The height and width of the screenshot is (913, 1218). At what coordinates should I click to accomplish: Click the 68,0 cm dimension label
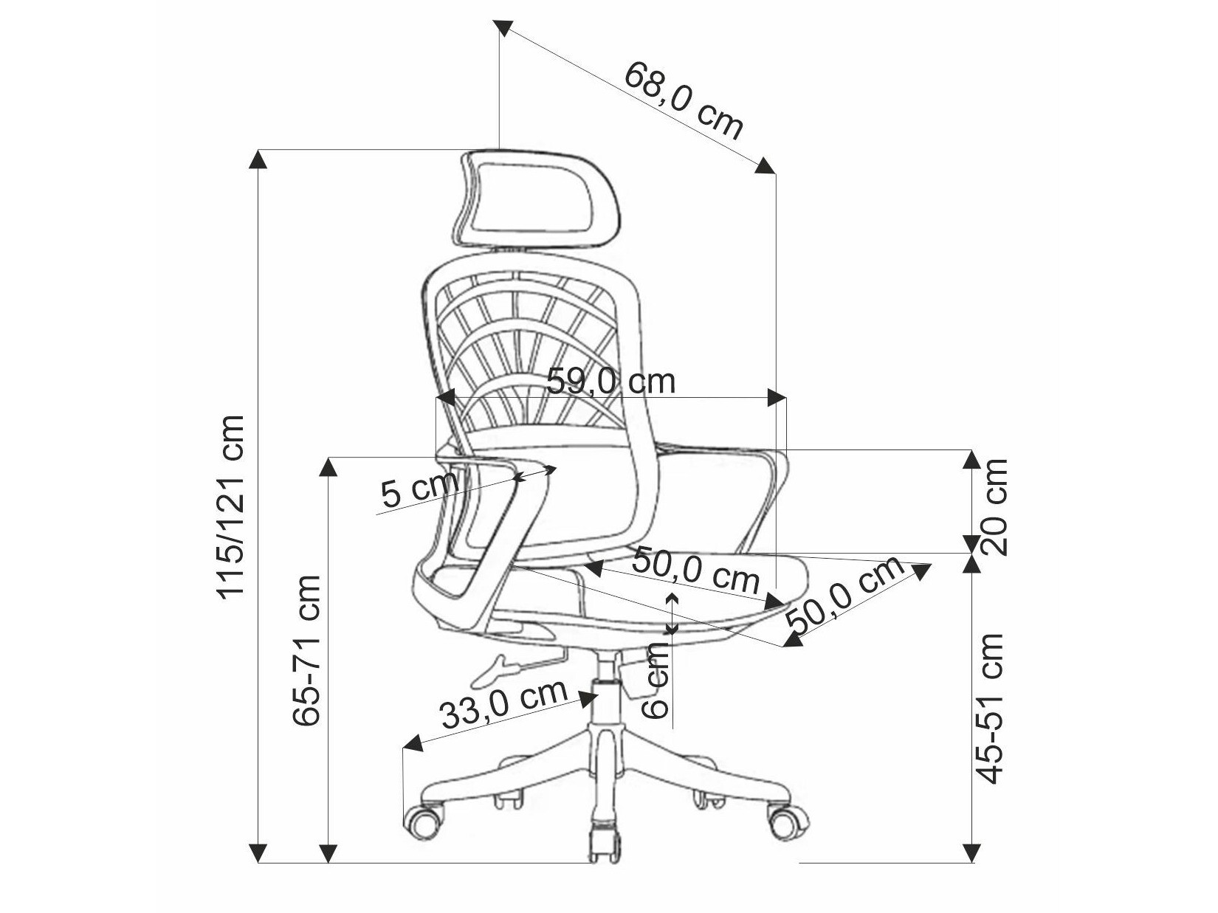(684, 100)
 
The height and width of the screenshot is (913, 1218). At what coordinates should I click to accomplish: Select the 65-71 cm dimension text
(306, 650)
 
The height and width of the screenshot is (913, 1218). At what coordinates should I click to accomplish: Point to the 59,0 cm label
(611, 382)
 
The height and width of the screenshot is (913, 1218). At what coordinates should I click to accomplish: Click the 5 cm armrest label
(419, 490)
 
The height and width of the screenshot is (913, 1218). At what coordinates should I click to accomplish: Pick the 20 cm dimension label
(994, 506)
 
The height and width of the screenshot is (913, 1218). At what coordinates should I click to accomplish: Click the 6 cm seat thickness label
(656, 679)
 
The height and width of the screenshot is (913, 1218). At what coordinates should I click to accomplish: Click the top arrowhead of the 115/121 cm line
(258, 159)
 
